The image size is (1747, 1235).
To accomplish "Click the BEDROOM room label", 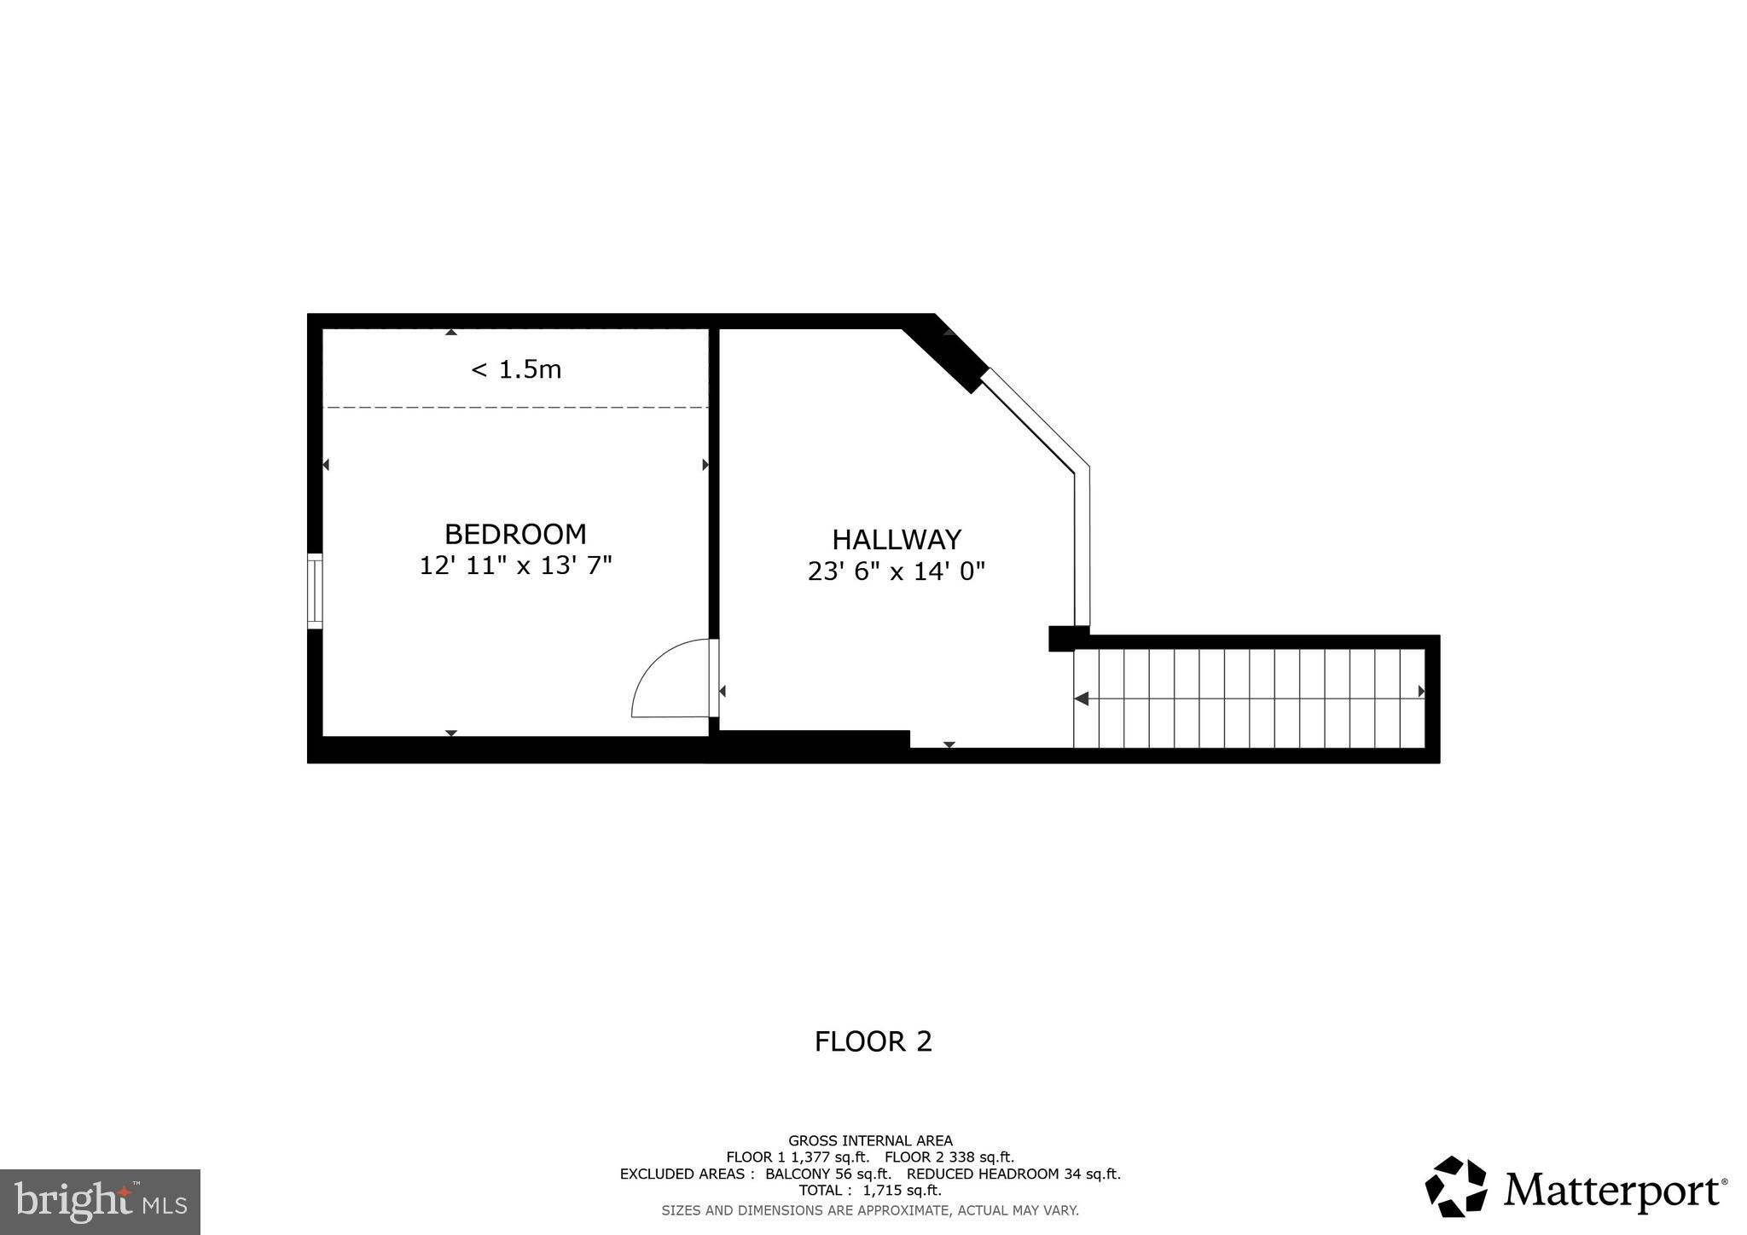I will [515, 534].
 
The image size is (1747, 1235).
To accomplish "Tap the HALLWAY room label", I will [897, 540].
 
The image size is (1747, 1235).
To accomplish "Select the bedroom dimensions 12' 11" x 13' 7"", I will [515, 565].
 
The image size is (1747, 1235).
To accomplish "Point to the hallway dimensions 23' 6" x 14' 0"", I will [897, 571].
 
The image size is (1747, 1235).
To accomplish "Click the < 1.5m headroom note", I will [516, 369].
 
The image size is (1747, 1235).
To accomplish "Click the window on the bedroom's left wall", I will [315, 591].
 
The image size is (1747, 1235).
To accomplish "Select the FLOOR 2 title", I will [873, 1041].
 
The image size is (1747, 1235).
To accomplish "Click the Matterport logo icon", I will [1455, 1186].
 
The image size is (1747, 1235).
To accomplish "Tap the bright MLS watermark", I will [100, 1202].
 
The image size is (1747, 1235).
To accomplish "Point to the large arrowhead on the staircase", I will [1082, 699].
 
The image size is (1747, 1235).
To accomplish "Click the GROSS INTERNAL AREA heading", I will [870, 1140].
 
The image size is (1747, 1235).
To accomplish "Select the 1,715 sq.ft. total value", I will [903, 1191].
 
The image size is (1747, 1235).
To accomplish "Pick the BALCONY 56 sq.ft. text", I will [827, 1174].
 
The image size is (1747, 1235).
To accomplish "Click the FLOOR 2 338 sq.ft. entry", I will [949, 1157].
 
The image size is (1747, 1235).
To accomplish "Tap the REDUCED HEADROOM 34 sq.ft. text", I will [1013, 1174].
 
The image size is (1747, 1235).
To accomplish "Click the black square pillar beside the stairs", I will [1062, 639].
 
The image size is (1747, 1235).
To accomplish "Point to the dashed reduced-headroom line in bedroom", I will [516, 408].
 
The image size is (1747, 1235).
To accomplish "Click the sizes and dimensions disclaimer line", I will [870, 1210].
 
